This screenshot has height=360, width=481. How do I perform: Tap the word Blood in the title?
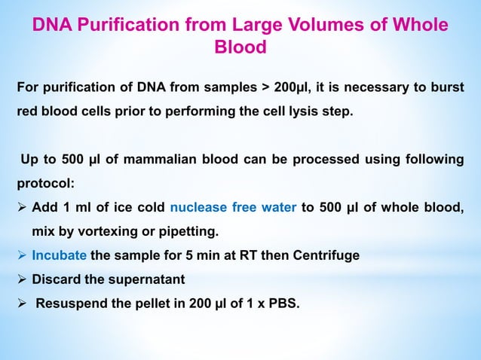[240, 48]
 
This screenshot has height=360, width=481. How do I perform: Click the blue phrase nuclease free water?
[233, 209]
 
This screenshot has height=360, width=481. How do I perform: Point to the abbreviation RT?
[259, 255]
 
